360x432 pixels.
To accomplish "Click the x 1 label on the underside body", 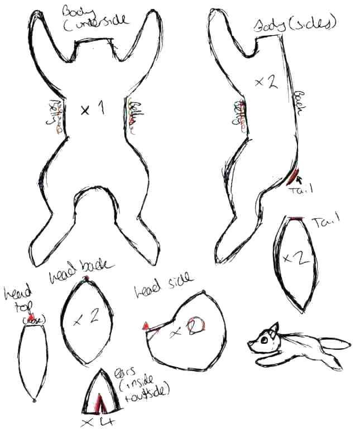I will tap(92, 110).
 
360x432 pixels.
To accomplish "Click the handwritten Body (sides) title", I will tap(295, 24).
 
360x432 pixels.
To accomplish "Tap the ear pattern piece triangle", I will tap(102, 391).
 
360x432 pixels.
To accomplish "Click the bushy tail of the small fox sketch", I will tap(335, 346).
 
